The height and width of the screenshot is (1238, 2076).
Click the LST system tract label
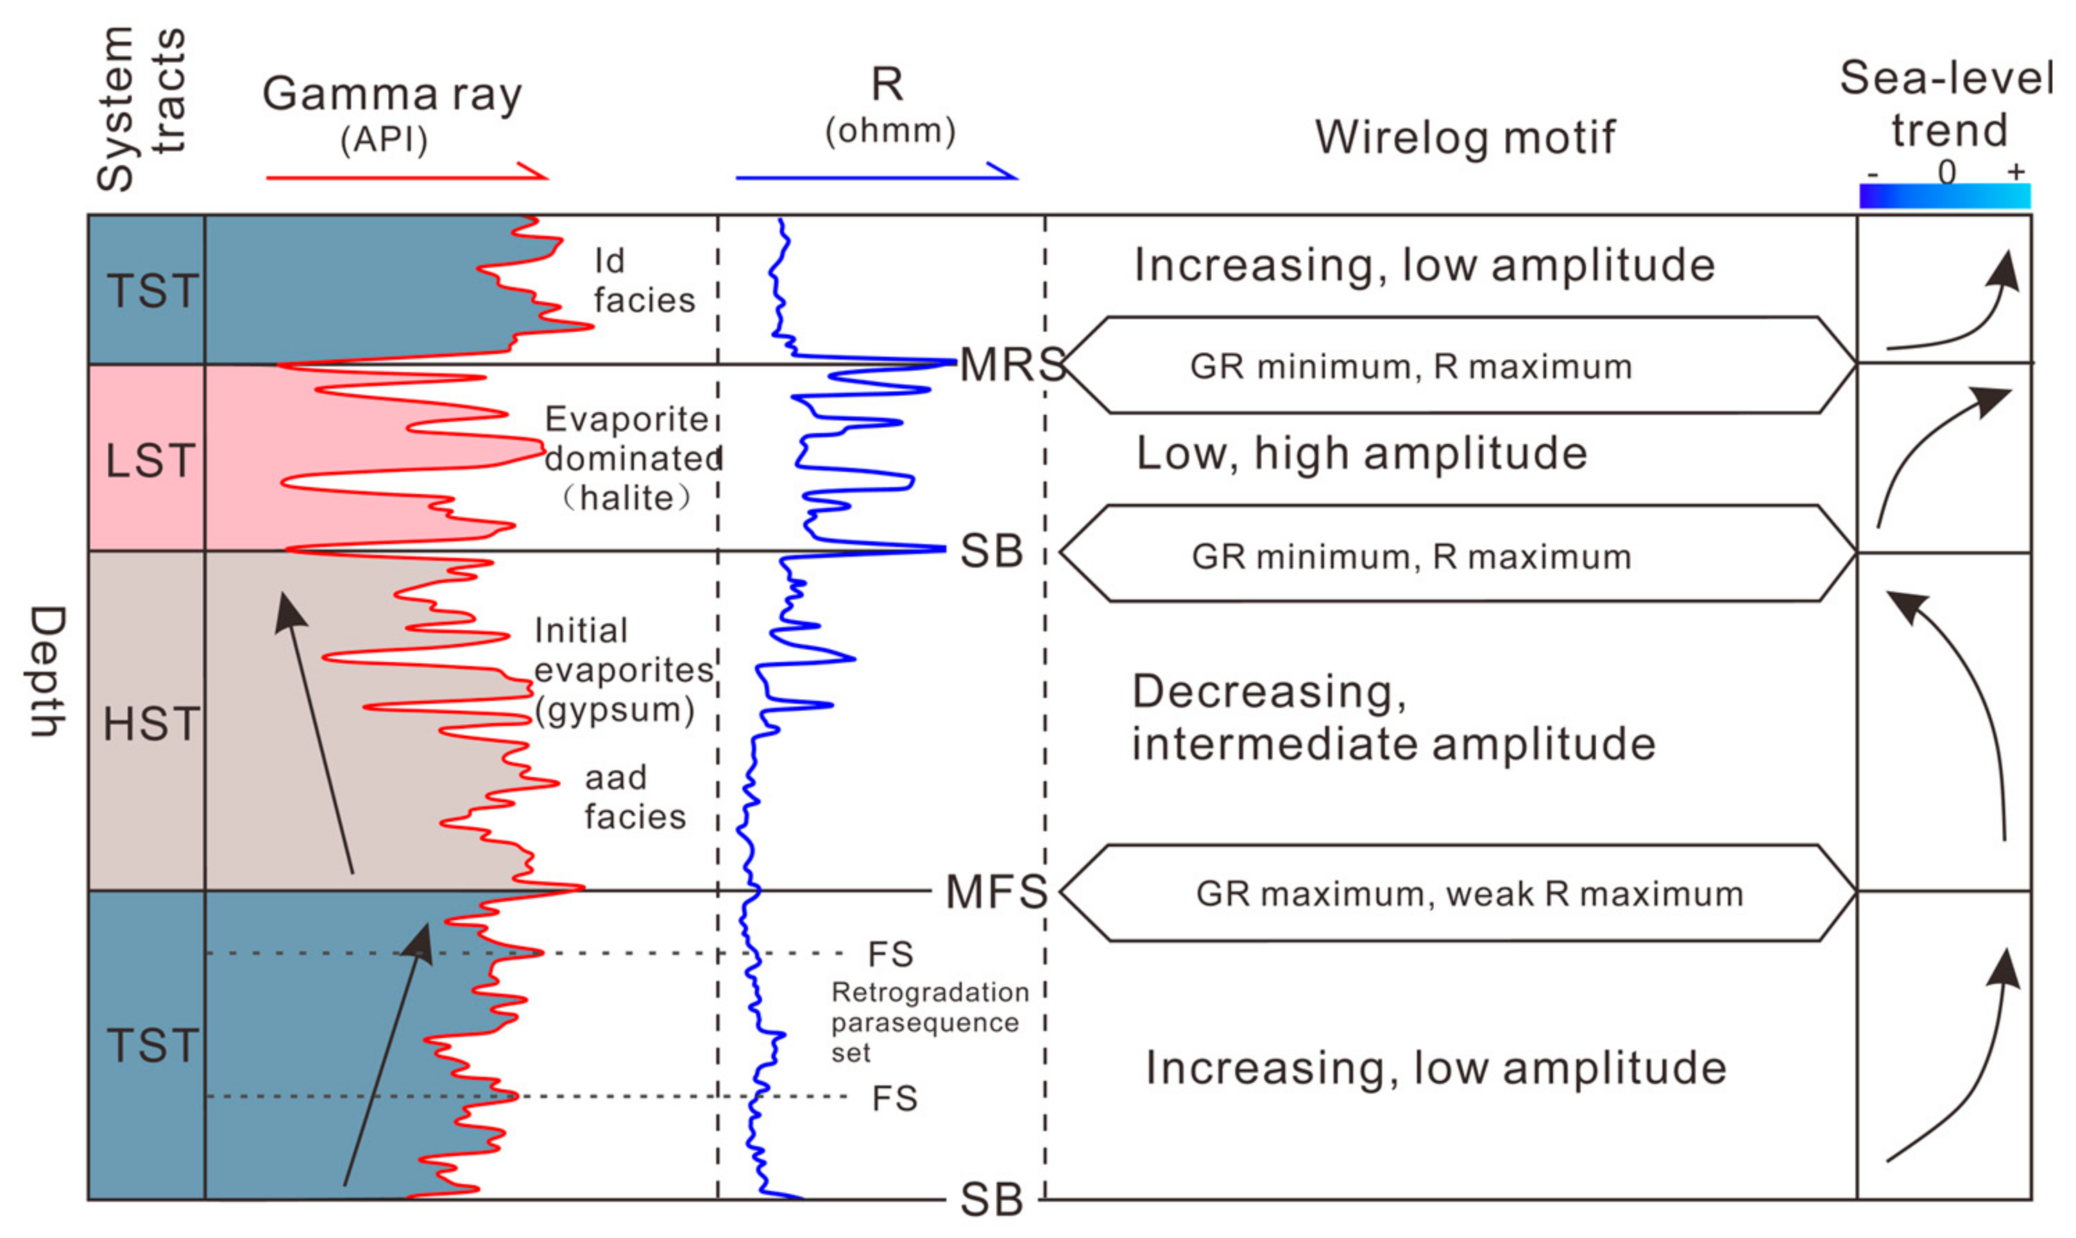[150, 461]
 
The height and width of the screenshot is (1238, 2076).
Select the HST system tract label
[150, 723]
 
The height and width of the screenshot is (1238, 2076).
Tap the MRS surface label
[1012, 366]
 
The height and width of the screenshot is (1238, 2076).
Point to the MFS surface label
[996, 892]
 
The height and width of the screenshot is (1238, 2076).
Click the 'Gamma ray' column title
[392, 94]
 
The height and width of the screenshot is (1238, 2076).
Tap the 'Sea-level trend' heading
[1947, 104]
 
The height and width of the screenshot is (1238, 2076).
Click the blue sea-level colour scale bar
[1944, 197]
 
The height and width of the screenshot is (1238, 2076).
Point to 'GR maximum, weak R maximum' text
[1470, 894]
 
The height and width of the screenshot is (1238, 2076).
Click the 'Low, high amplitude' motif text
[1361, 455]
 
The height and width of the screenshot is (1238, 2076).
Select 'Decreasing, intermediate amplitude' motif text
[1393, 718]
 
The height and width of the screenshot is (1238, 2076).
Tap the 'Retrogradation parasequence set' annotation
[929, 1022]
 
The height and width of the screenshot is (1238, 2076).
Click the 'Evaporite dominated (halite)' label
[632, 459]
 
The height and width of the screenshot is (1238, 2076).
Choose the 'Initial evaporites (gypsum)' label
[623, 670]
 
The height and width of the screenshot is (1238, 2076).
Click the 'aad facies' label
[634, 797]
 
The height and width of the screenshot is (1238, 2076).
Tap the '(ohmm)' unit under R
[890, 131]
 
